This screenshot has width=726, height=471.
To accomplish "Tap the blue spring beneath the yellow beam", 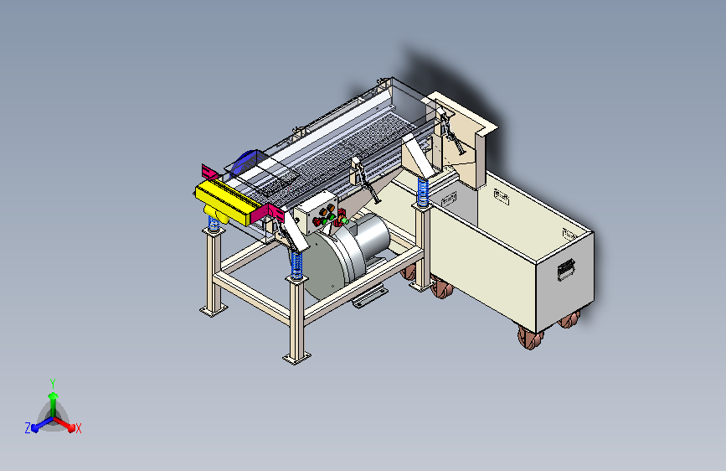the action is click(214, 224).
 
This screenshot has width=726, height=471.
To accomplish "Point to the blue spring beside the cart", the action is click(423, 191).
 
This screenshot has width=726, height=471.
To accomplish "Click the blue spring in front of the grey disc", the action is click(296, 265).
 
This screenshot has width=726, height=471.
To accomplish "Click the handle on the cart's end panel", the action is click(566, 269).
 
